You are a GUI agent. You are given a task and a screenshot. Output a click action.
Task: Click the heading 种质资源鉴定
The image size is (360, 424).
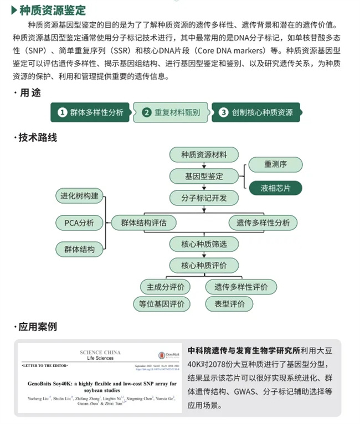coord(53,9)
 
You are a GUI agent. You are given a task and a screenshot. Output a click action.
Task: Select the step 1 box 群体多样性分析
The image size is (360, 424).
coord(91,112)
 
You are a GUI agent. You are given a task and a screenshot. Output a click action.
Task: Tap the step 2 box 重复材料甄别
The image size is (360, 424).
coord(171,112)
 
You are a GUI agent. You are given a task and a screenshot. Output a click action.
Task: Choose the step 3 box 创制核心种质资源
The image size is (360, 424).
coord(256,112)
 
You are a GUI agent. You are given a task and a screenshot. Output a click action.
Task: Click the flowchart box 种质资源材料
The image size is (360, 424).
coord(204,154)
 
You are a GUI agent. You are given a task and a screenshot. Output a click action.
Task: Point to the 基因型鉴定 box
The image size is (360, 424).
coord(204,176)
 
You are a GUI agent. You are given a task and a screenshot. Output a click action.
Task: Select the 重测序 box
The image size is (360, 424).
coord(275,164)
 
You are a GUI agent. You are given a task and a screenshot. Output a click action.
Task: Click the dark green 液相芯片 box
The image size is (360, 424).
coord(275,188)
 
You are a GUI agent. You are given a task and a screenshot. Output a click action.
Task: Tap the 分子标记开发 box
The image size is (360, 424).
coord(204,198)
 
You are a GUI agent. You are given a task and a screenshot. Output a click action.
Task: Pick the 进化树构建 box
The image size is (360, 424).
coord(79,196)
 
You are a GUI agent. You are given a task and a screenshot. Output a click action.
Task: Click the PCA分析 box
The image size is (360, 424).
coord(79,223)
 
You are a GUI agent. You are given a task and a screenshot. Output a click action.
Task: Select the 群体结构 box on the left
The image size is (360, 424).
coord(79,249)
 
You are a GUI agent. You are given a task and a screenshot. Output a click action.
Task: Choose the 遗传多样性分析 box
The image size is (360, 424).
coord(263,223)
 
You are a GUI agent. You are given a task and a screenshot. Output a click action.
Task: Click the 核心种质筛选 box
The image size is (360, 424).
coord(204,244)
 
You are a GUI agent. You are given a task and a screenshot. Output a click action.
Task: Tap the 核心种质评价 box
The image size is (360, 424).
coord(204,265)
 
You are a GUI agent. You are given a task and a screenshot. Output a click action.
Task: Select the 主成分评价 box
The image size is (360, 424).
coord(165,287)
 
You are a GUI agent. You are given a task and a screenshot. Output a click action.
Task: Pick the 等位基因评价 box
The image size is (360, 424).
coord(162,303)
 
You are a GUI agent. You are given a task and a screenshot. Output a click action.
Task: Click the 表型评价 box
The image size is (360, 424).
coord(229,303)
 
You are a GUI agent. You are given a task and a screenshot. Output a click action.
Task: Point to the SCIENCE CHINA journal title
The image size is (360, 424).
coord(100,353)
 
